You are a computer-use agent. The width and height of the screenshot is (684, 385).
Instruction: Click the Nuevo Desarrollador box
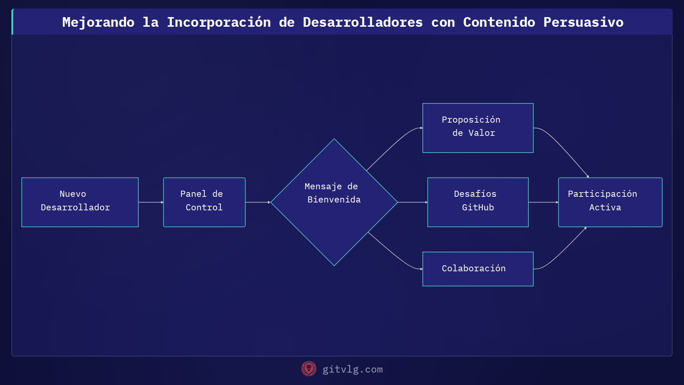pyautogui.click(x=80, y=202)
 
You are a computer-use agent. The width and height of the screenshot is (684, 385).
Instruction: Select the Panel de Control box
pyautogui.click(x=204, y=202)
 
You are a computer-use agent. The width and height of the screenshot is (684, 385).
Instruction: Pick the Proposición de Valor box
pyautogui.click(x=478, y=128)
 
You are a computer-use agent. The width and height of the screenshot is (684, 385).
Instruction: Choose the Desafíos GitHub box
pyautogui.click(x=478, y=202)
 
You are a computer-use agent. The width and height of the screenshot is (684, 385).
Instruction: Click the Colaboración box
pyautogui.click(x=478, y=269)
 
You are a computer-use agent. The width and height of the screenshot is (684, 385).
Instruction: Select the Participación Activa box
pyautogui.click(x=610, y=202)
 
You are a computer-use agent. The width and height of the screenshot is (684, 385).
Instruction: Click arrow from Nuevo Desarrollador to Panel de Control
pyautogui.click(x=151, y=202)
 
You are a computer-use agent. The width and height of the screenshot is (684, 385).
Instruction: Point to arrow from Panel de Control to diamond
pyautogui.click(x=258, y=202)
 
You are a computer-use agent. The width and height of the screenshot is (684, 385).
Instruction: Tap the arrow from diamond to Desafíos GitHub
pyautogui.click(x=413, y=202)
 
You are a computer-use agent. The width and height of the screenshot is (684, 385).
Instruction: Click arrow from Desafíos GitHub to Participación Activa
pyautogui.click(x=543, y=202)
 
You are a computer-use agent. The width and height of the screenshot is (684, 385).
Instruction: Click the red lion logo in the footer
pyautogui.click(x=309, y=369)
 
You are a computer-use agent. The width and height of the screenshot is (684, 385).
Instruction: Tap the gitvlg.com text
pyautogui.click(x=352, y=369)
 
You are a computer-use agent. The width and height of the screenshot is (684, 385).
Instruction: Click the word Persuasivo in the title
pyautogui.click(x=583, y=22)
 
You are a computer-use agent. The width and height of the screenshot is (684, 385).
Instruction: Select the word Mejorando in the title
pyautogui.click(x=98, y=22)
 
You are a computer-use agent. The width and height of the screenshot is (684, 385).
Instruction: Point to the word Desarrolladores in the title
pyautogui.click(x=363, y=22)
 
